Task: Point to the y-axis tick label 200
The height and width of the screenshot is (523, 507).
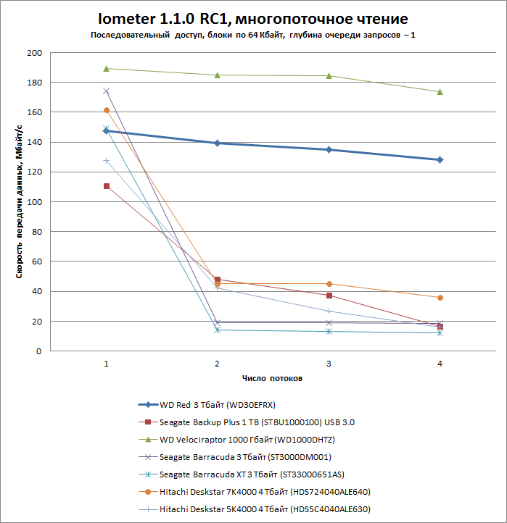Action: (x=35, y=53)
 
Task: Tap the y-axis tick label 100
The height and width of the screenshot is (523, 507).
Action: (x=35, y=202)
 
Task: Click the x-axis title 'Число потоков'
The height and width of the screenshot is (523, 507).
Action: (x=272, y=379)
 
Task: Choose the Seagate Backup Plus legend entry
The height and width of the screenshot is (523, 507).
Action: (x=257, y=422)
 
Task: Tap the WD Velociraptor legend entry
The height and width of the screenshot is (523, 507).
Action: (x=247, y=439)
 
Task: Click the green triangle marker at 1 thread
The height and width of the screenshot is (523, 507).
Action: (x=107, y=68)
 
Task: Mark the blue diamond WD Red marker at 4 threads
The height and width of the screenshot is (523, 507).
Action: (x=440, y=159)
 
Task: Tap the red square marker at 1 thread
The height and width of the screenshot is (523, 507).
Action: (x=107, y=186)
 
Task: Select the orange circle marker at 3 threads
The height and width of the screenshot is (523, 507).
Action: (x=329, y=284)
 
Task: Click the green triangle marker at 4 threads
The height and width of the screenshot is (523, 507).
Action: (x=440, y=91)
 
